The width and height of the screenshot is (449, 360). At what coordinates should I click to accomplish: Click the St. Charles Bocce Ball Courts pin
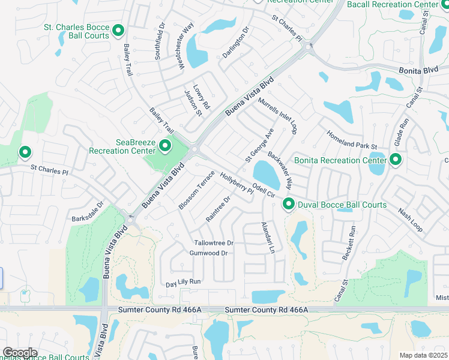point(118,30)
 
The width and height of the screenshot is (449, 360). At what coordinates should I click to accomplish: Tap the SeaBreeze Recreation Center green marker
point(164,146)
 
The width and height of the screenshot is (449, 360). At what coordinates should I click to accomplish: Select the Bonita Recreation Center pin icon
point(395,160)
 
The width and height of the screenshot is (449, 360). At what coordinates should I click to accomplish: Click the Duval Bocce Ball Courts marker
point(288,205)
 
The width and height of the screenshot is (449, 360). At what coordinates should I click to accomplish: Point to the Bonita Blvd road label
point(419,70)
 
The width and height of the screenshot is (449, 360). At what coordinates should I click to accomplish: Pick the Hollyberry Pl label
point(237,183)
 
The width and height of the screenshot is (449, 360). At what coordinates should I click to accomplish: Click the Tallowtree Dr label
point(214,243)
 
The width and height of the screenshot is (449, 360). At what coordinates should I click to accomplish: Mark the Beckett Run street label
point(349,242)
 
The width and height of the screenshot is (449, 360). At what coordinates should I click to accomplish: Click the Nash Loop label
point(410,220)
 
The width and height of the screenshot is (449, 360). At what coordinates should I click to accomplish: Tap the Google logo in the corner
point(20,352)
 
